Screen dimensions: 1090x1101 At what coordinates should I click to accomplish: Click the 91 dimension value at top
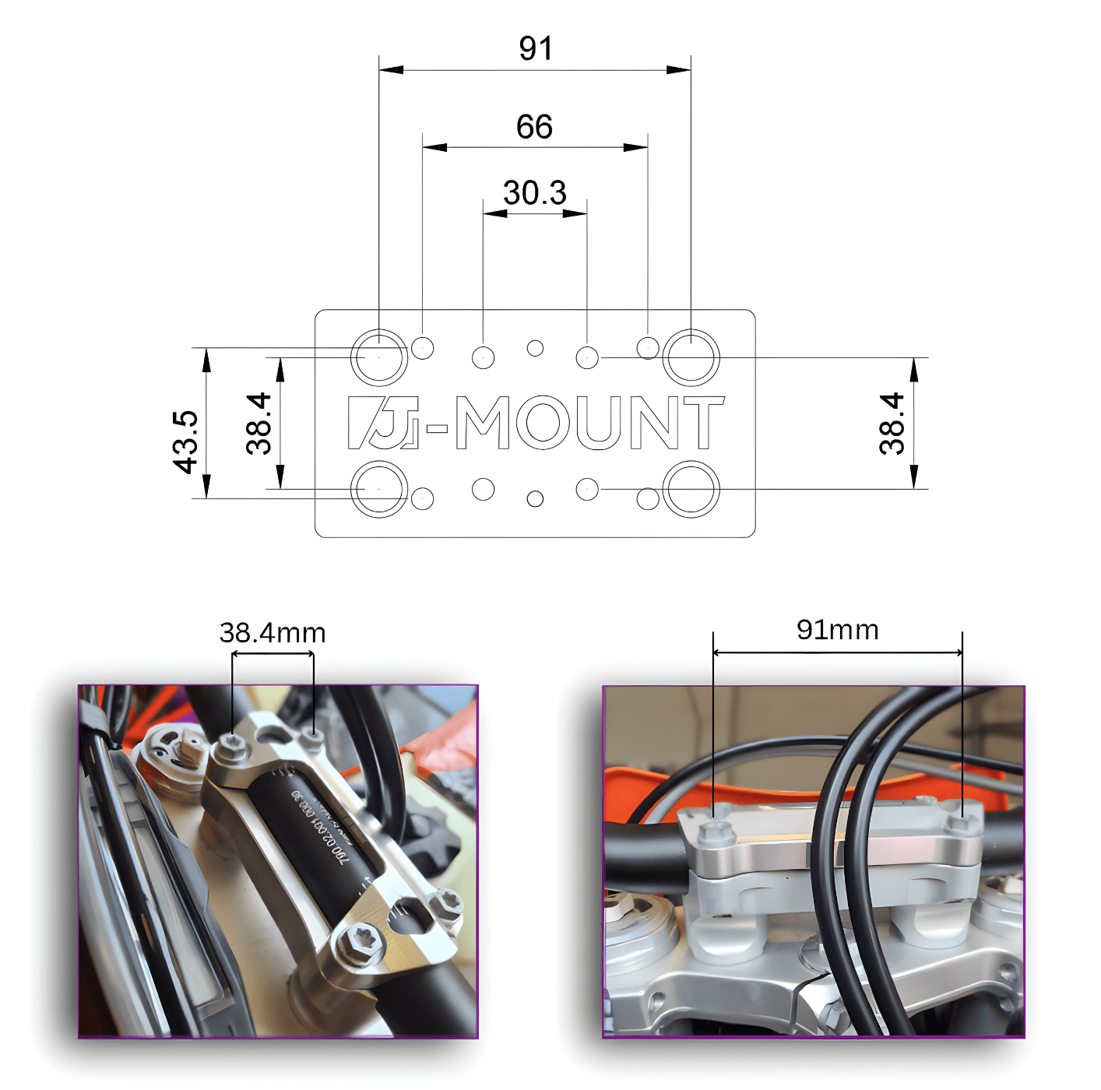536,48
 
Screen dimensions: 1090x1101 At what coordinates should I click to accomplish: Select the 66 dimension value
534,127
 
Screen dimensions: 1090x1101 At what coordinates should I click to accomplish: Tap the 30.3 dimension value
534,193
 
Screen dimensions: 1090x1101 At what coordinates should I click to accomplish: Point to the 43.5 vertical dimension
185,442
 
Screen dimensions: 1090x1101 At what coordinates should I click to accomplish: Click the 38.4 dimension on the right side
892,424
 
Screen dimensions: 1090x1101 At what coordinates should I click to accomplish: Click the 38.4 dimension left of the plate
259,424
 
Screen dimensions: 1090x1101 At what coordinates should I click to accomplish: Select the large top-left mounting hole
379,357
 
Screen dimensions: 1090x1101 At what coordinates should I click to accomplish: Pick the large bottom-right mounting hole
691,489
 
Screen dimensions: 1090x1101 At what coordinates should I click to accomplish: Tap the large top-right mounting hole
691,357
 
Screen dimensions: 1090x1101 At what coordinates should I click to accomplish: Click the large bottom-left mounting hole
379,489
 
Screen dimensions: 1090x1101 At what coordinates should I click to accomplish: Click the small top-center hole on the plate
535,348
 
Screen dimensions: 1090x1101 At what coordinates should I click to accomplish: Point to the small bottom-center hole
535,498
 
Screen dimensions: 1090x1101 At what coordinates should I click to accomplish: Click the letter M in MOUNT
483,423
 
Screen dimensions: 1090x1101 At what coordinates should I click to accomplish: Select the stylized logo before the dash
383,423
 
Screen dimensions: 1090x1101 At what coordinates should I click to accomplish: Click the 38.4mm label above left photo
273,633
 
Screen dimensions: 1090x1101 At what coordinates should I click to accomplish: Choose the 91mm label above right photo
838,630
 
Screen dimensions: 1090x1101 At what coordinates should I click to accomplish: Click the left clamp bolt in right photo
714,832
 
